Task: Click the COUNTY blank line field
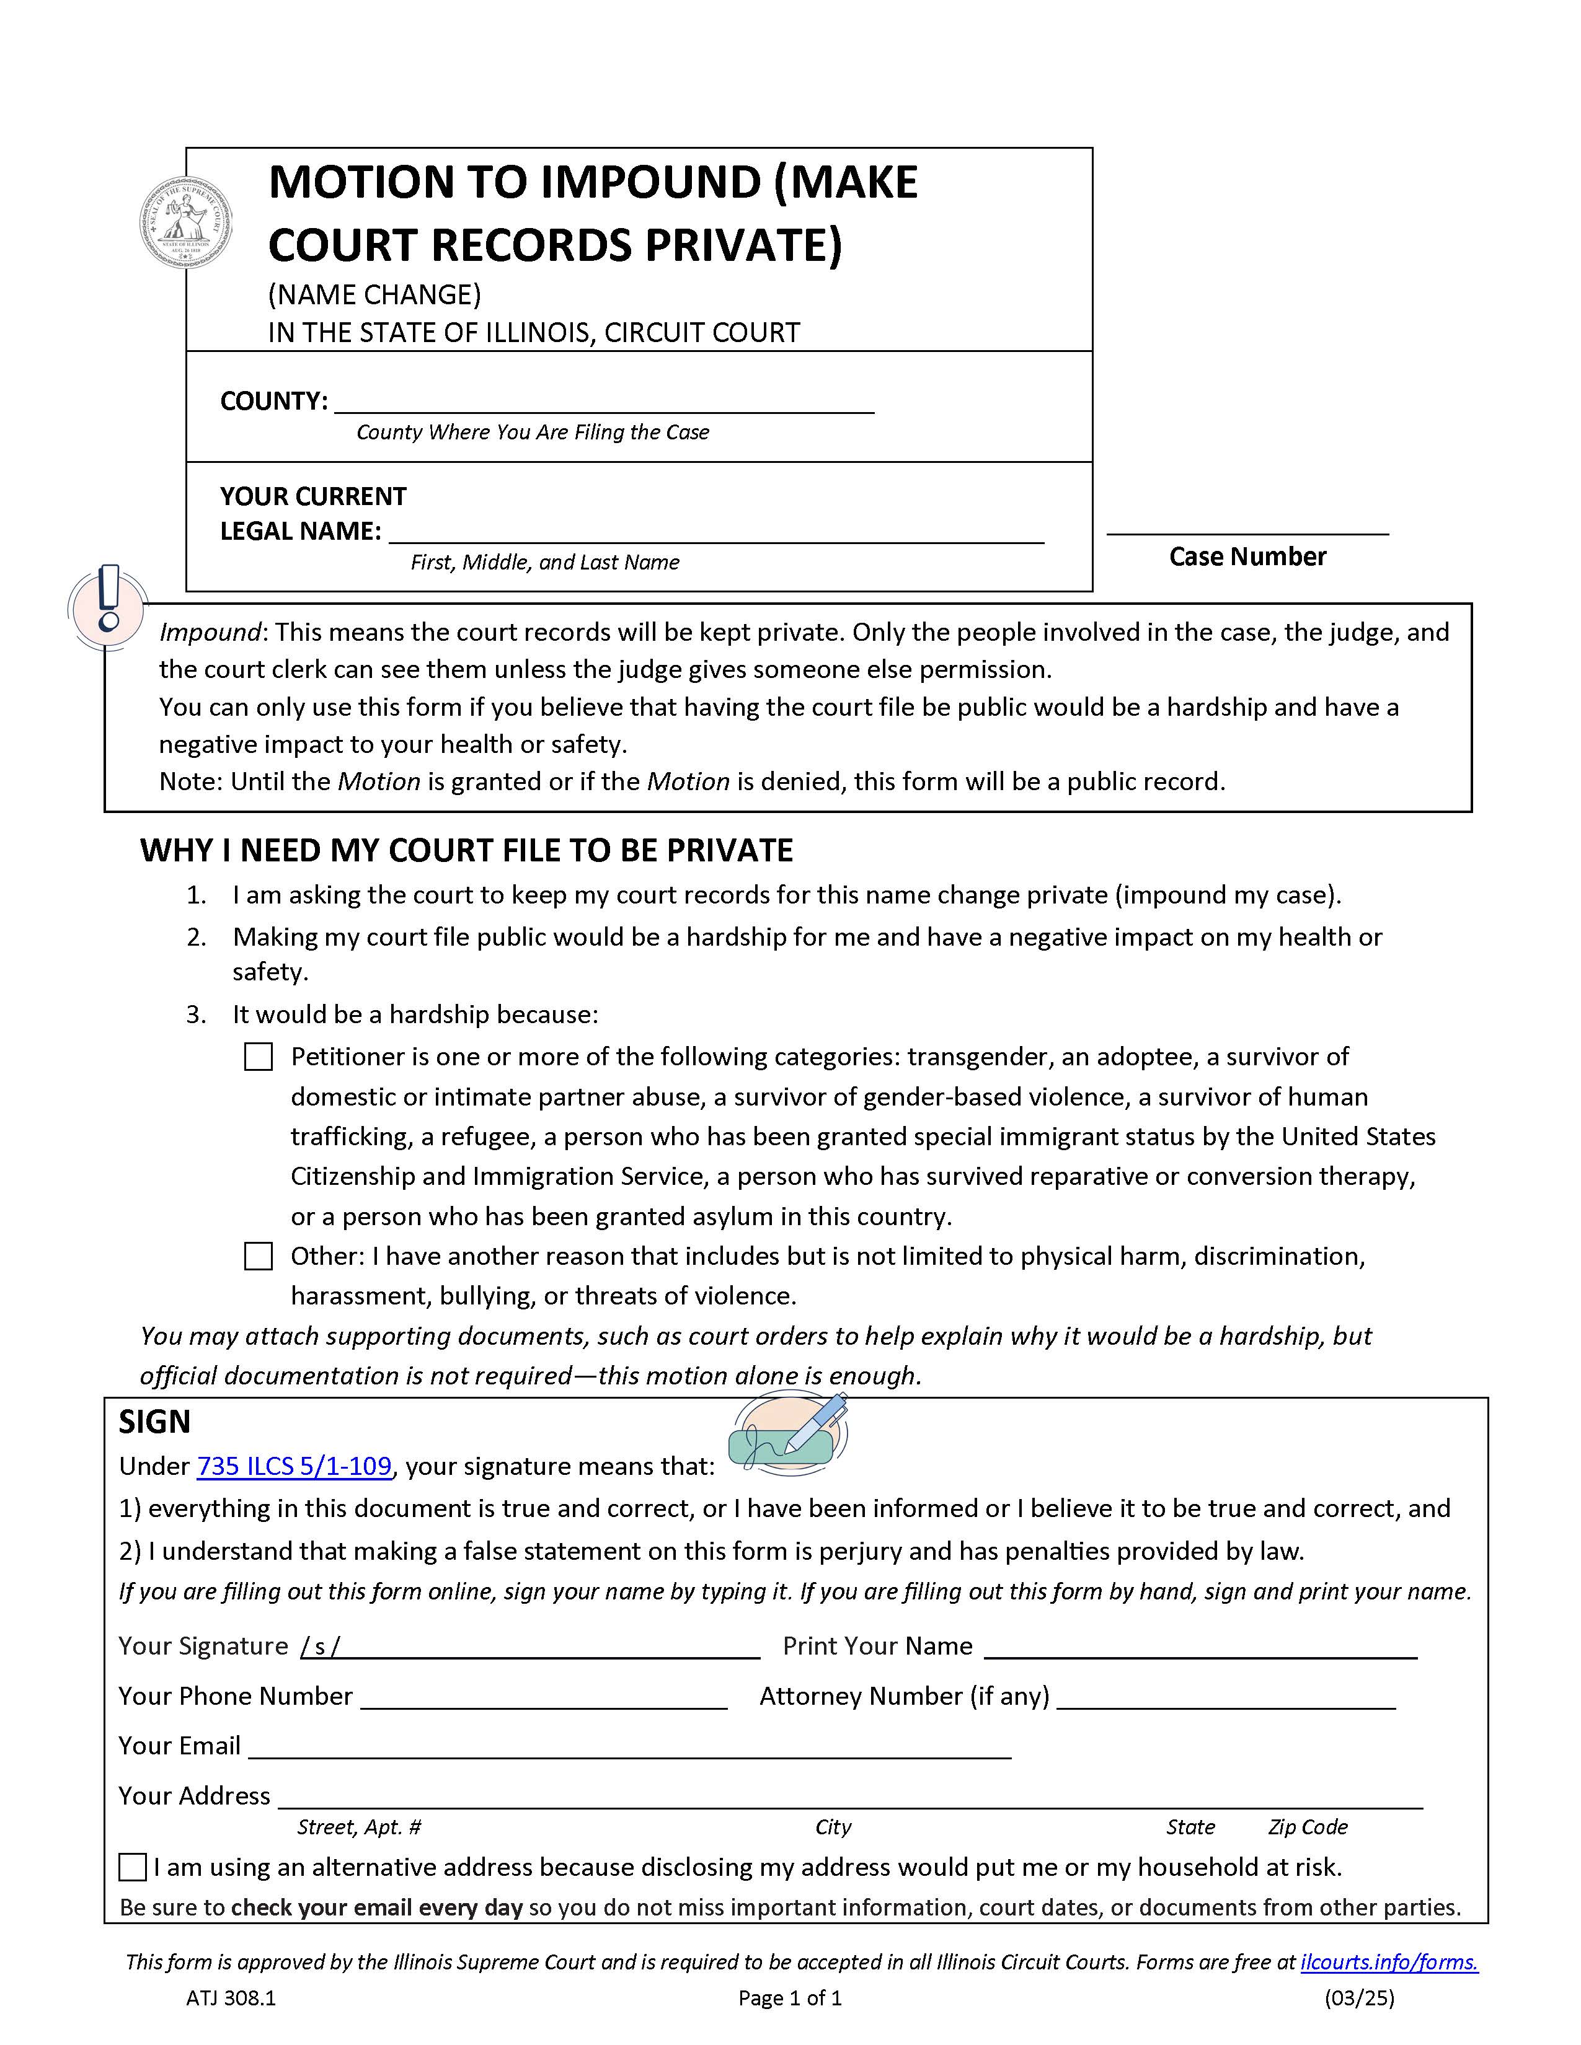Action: point(604,403)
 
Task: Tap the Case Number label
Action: point(1247,556)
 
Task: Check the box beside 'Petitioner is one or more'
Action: point(259,1057)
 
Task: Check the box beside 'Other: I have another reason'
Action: point(259,1257)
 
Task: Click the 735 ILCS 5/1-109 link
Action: point(294,1466)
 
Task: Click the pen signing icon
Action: point(789,1433)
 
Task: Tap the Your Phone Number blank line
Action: point(543,1697)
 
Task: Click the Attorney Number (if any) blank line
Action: point(1225,1697)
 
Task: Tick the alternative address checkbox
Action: point(133,1867)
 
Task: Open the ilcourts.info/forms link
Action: point(1388,1963)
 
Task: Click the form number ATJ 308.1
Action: point(231,1998)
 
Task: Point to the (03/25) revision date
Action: point(1358,1998)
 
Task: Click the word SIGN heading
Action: point(154,1422)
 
